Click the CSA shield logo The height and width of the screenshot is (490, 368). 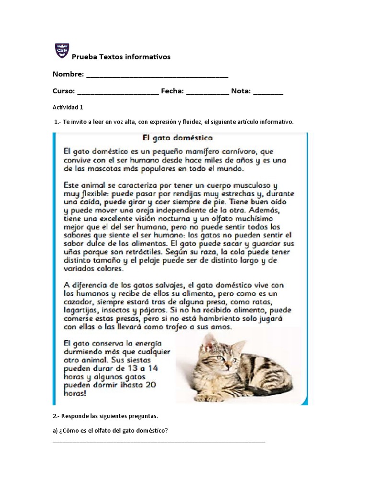62,51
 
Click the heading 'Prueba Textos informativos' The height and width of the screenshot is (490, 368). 121,57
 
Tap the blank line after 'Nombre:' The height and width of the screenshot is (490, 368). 157,76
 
